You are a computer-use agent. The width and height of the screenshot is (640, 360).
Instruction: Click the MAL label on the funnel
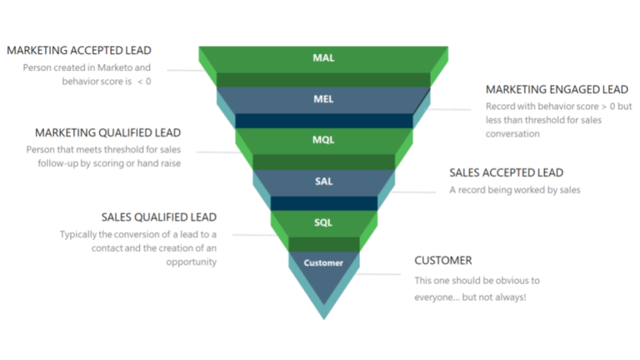coord(323,58)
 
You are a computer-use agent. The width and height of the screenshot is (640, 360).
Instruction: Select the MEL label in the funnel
coord(323,99)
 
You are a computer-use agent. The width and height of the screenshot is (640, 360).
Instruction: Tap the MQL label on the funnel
coord(323,139)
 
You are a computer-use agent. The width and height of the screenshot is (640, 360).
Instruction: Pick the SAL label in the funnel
coord(323,181)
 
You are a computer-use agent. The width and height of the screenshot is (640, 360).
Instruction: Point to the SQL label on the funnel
coord(323,222)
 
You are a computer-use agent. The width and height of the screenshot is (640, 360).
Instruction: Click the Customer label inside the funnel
coord(323,263)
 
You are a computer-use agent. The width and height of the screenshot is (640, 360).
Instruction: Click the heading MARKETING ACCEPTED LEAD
coord(79,50)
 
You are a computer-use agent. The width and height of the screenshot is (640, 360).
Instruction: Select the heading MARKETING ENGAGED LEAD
coord(557,89)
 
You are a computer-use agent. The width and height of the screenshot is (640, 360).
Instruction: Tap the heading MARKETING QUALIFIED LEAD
coord(107,132)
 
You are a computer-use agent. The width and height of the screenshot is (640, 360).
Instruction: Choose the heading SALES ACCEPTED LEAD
coord(506,172)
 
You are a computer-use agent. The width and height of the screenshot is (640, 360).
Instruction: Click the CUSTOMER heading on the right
coord(443,261)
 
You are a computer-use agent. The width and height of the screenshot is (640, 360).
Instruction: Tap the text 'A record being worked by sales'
coord(514,190)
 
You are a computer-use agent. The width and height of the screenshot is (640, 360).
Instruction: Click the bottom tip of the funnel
coord(323,317)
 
